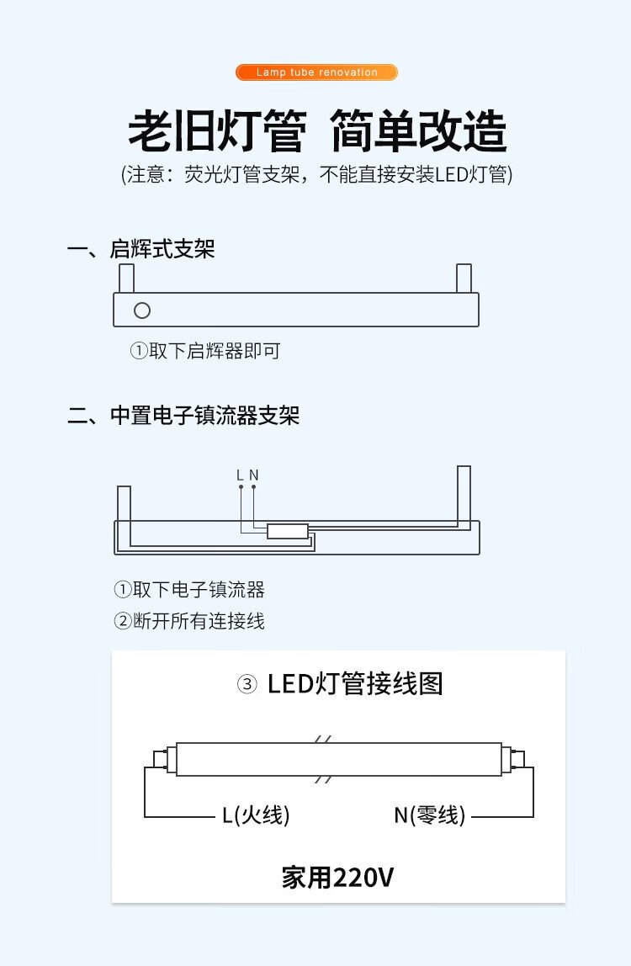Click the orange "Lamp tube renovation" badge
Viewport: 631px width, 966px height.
point(316,72)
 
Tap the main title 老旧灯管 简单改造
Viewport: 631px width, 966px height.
point(316,130)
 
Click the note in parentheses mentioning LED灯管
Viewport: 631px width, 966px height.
point(316,174)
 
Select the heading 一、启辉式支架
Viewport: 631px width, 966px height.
point(141,249)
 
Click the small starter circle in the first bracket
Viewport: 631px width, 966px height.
point(142,310)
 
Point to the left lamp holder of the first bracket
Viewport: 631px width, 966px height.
point(126,279)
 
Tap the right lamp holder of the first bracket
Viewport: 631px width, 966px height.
point(464,279)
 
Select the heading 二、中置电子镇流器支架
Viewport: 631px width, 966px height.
point(183,415)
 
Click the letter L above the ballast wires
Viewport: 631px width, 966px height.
point(241,475)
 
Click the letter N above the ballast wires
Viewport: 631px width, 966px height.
point(254,475)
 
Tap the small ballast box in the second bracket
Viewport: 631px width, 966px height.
point(288,531)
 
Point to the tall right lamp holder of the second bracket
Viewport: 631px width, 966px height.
point(464,496)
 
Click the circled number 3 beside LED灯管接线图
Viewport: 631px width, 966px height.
point(247,684)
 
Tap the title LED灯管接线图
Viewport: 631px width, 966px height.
point(356,684)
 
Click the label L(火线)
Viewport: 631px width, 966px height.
point(256,815)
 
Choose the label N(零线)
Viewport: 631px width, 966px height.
point(430,815)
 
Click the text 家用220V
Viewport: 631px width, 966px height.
point(337,878)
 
